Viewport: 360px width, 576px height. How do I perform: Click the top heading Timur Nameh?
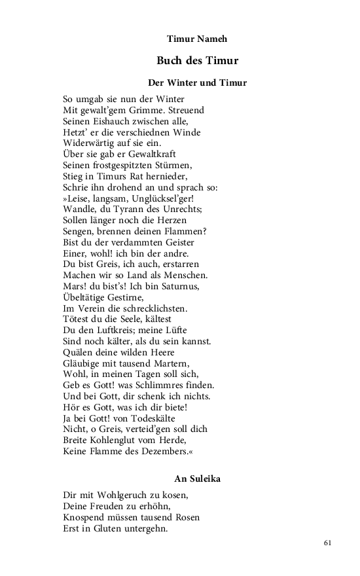click(x=197, y=39)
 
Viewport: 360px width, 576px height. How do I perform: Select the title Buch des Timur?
click(x=197, y=61)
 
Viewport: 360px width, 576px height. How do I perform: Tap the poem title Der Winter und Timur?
click(x=197, y=83)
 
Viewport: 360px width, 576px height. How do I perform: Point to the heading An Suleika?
click(x=197, y=478)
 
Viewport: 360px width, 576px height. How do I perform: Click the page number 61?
click(x=328, y=543)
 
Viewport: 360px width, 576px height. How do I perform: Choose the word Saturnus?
click(x=193, y=286)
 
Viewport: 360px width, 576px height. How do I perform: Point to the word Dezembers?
click(x=167, y=451)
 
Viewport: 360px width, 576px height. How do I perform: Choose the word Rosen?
click(x=186, y=517)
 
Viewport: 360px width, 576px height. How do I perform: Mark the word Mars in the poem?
click(x=73, y=286)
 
